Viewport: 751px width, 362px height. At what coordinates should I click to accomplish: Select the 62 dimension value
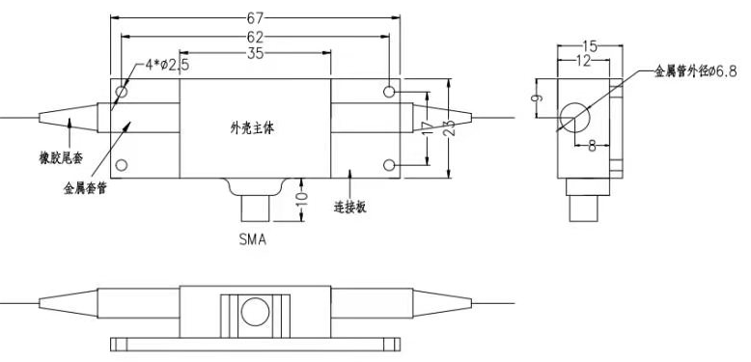click(x=254, y=37)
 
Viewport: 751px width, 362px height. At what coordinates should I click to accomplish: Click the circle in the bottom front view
click(x=254, y=312)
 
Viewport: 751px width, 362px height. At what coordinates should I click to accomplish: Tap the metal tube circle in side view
click(x=579, y=116)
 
